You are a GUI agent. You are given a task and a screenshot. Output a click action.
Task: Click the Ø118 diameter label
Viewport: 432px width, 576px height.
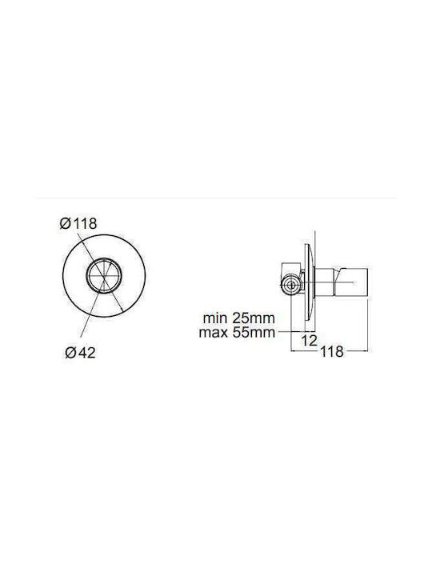coord(78,223)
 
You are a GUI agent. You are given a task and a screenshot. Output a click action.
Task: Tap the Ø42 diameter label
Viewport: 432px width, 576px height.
coord(80,353)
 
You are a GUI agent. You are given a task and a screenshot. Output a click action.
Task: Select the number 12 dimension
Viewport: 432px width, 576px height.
coord(309,341)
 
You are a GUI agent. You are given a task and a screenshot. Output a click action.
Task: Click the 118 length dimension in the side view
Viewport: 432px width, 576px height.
coord(332,351)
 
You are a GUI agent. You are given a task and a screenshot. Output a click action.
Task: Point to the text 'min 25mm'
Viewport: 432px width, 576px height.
coord(238,318)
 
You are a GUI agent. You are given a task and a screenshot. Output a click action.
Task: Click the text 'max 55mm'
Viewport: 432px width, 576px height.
coord(237,333)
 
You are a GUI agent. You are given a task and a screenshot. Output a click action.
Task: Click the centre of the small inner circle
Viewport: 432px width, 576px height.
coord(104,274)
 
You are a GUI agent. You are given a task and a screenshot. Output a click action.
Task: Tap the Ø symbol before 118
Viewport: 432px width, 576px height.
coord(65,223)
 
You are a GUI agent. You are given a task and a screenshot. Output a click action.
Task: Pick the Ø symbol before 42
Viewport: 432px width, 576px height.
coord(70,353)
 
